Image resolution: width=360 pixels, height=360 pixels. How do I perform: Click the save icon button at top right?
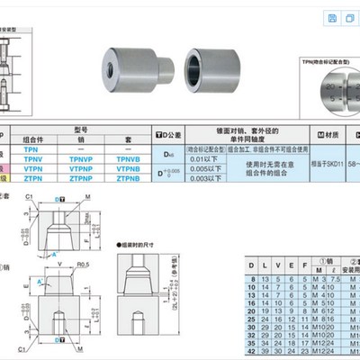tap(332, 18)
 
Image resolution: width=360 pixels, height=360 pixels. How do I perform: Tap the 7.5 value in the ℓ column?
tap(337, 281)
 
